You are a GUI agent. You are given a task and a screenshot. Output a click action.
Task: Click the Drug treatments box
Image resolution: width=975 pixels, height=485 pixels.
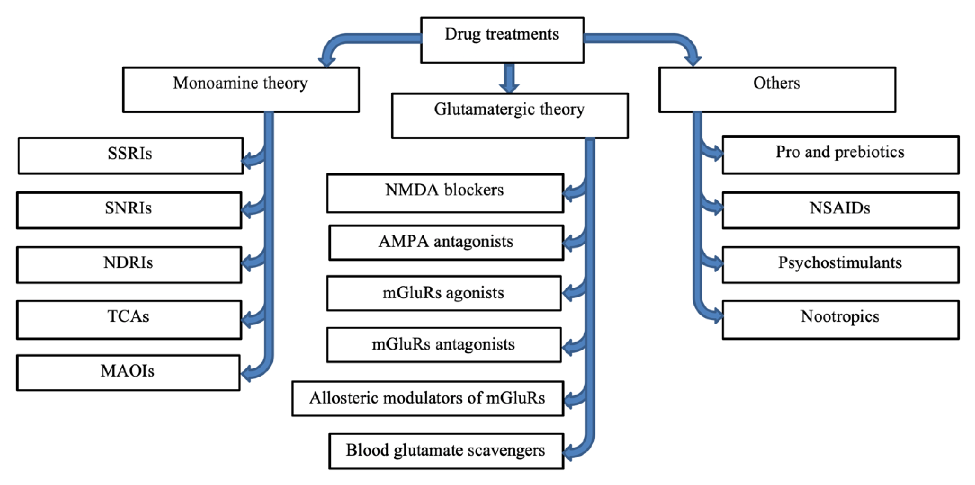point(502,40)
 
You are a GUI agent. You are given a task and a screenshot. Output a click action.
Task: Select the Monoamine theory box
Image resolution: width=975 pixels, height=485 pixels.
point(241,89)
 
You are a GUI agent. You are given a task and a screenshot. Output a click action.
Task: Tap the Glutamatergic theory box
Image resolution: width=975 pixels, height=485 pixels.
point(510,115)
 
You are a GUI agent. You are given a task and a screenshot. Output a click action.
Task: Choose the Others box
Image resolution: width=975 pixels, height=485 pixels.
point(777,89)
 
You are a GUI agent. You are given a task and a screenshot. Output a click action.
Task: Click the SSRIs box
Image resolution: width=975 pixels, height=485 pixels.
point(130,155)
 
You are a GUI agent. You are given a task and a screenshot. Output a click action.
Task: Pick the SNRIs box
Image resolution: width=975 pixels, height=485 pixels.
point(129,210)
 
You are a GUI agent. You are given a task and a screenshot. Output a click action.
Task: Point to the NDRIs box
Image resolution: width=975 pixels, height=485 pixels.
point(129,265)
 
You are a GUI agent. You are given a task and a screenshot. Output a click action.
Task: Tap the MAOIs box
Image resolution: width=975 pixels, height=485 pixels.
point(128,373)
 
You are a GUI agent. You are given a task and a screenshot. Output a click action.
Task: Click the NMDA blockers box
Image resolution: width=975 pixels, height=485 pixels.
point(445,193)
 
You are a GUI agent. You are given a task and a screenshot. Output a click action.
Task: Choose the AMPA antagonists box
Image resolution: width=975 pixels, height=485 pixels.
point(446,243)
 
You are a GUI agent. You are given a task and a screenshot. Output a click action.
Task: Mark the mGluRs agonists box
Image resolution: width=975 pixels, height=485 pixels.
point(444,293)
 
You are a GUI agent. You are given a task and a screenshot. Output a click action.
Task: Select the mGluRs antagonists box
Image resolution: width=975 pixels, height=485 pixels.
point(444,345)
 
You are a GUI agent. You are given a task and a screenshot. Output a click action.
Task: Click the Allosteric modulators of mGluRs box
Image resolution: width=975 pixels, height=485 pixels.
point(427,398)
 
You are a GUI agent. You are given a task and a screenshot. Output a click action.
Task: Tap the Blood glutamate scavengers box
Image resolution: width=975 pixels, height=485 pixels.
point(446,451)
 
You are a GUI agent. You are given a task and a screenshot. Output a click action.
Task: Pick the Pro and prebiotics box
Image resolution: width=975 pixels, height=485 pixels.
point(840,155)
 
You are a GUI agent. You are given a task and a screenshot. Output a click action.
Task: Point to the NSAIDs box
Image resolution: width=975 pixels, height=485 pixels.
point(840,210)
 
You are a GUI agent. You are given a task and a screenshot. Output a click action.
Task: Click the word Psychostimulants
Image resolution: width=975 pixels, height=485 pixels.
point(840,262)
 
